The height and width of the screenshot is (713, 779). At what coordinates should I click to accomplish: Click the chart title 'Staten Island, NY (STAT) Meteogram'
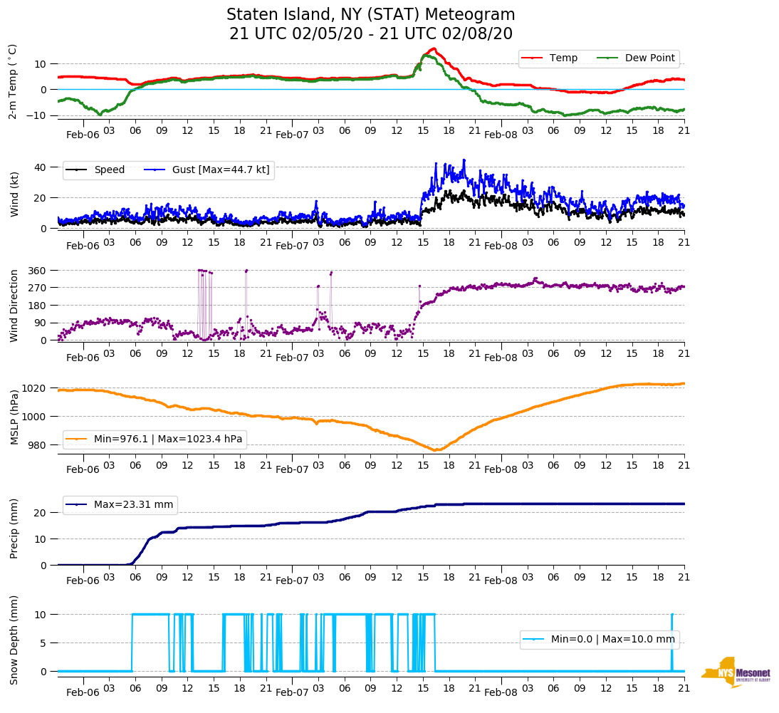click(370, 15)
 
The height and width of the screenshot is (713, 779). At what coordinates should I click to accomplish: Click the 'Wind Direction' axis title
click(14, 305)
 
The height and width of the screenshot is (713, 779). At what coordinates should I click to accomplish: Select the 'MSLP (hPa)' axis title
click(14, 416)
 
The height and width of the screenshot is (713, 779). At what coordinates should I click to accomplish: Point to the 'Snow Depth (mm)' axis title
click(14, 640)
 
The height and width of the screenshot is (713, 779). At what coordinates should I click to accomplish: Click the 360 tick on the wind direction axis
click(37, 271)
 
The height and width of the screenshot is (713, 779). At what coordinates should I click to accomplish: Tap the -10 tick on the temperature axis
click(37, 115)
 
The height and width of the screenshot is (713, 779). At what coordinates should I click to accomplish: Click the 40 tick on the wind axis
click(41, 167)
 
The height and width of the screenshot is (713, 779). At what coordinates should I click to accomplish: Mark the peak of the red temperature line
click(434, 48)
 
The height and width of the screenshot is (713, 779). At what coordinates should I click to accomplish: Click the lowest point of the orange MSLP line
click(436, 450)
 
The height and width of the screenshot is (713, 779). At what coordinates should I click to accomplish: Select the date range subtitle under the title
click(370, 34)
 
